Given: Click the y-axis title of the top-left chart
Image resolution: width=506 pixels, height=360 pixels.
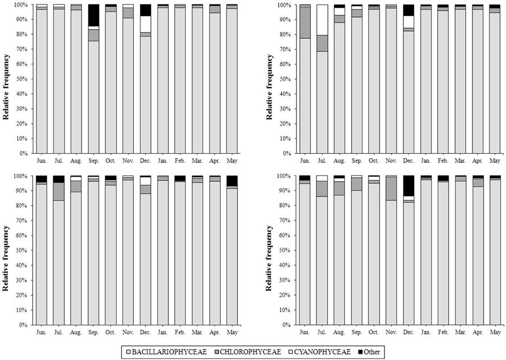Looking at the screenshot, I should (x=7, y=87).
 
